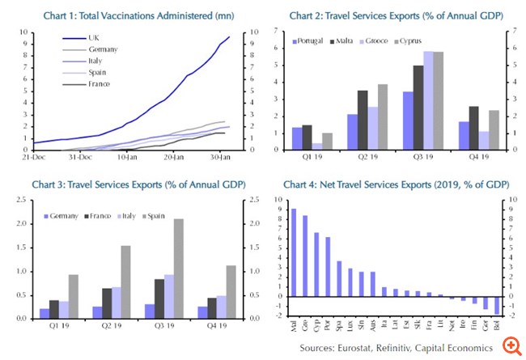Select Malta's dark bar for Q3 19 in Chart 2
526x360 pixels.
418,104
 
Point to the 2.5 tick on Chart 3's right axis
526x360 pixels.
251,200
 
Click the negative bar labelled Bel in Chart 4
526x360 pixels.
497,306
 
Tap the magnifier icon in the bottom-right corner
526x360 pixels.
510,345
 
